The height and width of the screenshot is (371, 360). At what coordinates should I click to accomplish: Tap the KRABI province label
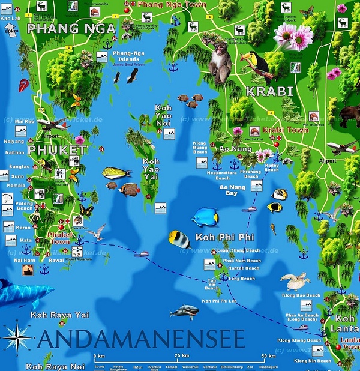click(269, 91)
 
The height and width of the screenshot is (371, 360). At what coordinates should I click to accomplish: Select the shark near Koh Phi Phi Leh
click(184, 312)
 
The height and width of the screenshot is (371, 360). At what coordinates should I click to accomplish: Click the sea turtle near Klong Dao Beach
click(295, 281)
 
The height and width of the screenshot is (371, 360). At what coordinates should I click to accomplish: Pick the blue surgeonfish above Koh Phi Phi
click(206, 216)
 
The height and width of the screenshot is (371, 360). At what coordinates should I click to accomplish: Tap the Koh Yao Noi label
click(163, 115)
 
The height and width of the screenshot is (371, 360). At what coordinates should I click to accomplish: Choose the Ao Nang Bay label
click(227, 190)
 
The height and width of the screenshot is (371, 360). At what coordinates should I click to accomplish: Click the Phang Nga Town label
click(172, 5)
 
